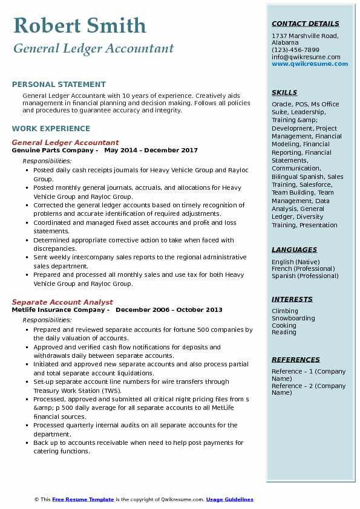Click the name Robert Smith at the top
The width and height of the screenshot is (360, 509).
click(x=79, y=25)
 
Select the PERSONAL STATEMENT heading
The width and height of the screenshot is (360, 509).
click(x=59, y=85)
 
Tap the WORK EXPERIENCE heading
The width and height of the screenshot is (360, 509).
click(x=51, y=129)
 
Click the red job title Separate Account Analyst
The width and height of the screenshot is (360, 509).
click(x=62, y=302)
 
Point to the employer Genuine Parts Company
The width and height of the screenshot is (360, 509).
click(x=54, y=151)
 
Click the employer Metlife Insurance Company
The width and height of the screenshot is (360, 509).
click(x=60, y=310)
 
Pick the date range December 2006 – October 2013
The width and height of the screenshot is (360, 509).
click(x=169, y=310)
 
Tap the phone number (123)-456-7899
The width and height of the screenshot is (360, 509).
click(x=295, y=50)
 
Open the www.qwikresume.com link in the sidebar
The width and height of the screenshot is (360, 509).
click(x=310, y=64)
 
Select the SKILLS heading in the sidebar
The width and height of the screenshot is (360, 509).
click(x=284, y=93)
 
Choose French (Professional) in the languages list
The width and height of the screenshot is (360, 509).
click(x=303, y=269)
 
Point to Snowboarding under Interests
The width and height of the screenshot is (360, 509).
click(x=293, y=319)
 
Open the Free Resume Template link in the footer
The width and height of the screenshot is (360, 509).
click(x=83, y=500)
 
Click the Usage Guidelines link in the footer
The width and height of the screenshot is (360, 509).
click(x=229, y=500)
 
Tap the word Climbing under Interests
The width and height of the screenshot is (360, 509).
click(x=284, y=311)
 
